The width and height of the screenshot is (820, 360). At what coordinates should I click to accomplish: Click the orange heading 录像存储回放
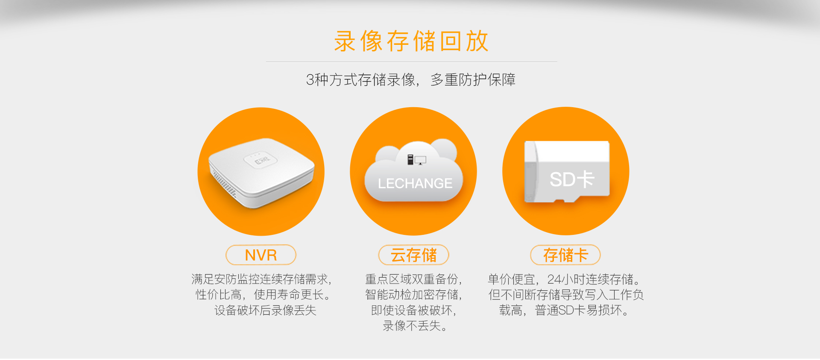pos(411,41)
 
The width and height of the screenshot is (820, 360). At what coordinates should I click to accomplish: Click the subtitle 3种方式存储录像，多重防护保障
pos(411,80)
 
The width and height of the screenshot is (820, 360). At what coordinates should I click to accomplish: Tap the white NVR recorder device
pos(261,173)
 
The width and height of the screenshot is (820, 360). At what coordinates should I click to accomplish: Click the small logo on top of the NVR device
pos(261,161)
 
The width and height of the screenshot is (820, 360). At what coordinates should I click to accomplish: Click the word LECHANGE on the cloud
pos(415,184)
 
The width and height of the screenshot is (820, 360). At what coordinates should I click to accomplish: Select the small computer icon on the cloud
pos(416,160)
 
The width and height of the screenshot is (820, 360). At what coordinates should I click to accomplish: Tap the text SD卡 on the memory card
pos(572,179)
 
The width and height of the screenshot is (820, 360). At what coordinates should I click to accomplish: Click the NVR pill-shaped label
pos(261,255)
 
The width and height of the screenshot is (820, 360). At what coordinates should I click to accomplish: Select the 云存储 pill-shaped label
pos(413,255)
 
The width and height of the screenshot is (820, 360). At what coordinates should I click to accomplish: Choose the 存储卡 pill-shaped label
pos(565,255)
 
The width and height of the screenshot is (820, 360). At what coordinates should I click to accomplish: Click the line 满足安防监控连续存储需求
pos(261,279)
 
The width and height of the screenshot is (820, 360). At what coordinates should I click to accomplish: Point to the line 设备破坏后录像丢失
pos(265,310)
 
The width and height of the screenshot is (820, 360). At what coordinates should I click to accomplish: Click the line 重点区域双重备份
pos(413,279)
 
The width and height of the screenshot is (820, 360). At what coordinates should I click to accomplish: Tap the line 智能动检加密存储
pos(413,295)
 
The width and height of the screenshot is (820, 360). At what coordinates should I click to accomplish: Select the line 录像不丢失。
pos(415,326)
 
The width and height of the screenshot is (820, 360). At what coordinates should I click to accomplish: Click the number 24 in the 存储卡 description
pos(554,279)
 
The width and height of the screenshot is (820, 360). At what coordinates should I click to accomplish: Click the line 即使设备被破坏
pos(413,310)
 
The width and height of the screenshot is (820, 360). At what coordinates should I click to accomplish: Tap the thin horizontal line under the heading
pos(411,62)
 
